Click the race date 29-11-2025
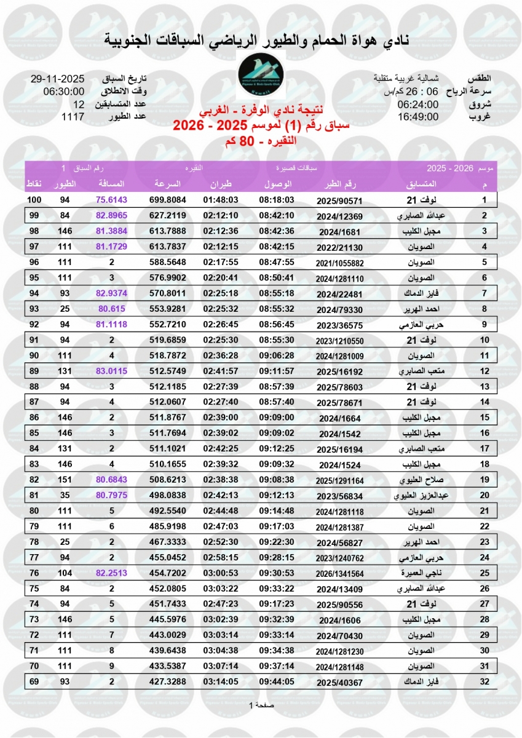(x=57, y=79)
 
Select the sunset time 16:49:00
(x=417, y=116)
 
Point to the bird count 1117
(x=73, y=116)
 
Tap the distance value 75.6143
(x=111, y=200)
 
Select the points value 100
(x=34, y=200)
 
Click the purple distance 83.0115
(x=111, y=371)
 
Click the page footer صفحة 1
(x=261, y=705)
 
